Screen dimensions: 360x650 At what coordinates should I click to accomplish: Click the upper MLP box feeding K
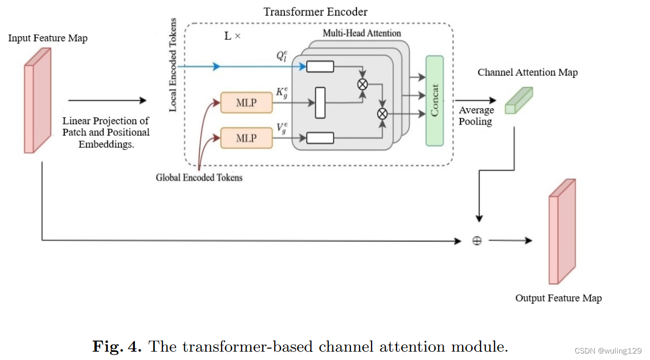246,102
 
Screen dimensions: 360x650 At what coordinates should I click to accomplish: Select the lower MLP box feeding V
246,138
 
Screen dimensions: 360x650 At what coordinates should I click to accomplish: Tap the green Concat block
434,101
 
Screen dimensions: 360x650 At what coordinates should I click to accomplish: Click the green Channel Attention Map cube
518,101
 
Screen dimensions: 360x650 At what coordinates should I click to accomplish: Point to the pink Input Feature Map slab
37,101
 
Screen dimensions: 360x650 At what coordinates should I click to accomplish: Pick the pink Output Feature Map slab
562,232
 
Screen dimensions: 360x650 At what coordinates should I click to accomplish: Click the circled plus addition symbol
477,241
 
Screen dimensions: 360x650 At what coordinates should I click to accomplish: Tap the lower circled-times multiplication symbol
383,114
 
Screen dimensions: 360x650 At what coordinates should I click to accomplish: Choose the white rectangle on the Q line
320,67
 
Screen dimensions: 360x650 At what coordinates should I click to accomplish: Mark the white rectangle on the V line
320,138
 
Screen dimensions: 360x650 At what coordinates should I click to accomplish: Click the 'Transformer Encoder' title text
315,12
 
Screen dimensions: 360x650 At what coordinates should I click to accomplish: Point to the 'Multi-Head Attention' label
362,33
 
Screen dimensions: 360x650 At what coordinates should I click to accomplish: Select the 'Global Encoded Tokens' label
199,177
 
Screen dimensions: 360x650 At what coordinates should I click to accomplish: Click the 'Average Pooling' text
476,116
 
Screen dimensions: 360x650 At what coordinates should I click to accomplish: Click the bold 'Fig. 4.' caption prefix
117,346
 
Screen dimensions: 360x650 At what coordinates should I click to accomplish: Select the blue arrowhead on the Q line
217,67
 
